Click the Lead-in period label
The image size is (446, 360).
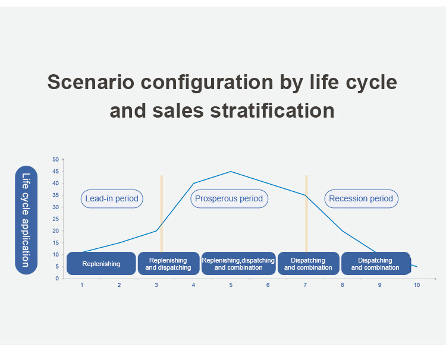[112, 198]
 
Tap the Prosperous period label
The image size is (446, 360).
[229, 198]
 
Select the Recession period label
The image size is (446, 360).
[361, 198]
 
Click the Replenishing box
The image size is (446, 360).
[101, 263]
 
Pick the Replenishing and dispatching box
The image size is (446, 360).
[168, 263]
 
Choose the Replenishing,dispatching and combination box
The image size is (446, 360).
[238, 263]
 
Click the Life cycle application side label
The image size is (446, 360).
[26, 220]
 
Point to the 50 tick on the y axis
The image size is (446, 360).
[55, 159]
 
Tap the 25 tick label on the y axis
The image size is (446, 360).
[55, 219]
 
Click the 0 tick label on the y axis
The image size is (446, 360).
[57, 279]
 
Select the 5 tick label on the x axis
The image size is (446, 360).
[231, 285]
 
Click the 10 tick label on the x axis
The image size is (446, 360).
[417, 285]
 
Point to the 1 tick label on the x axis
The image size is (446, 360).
[82, 285]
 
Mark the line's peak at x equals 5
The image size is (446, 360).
[231, 171]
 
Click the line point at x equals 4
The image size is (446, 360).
[194, 184]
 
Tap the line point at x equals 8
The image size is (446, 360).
[343, 231]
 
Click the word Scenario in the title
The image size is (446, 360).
[91, 82]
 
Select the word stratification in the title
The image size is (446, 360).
[272, 110]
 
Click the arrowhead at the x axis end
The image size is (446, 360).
[435, 279]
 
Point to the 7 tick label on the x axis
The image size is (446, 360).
[305, 285]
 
